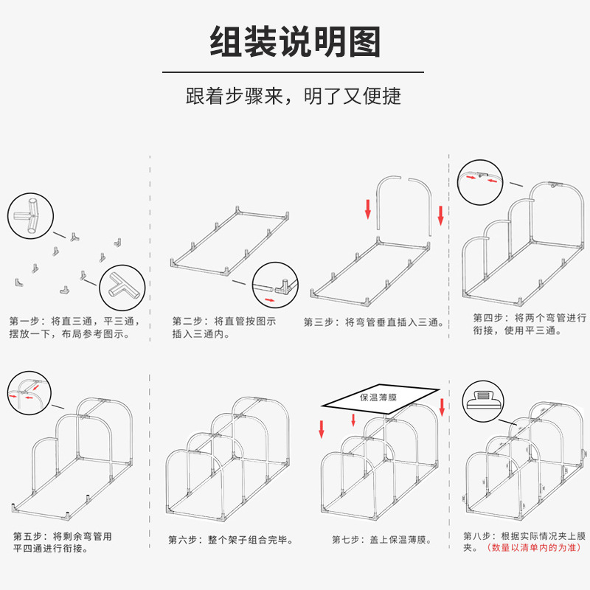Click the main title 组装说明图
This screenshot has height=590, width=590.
295,42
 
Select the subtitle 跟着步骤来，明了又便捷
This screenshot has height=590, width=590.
294,97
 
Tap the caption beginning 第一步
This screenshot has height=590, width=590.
74,327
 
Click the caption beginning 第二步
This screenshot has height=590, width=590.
224,327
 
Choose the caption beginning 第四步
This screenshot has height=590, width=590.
530,324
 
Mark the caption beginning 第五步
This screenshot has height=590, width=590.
63,542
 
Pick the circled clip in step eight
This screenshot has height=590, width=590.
483,400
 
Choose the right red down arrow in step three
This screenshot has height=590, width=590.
441,215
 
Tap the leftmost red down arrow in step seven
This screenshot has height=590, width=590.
322,428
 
